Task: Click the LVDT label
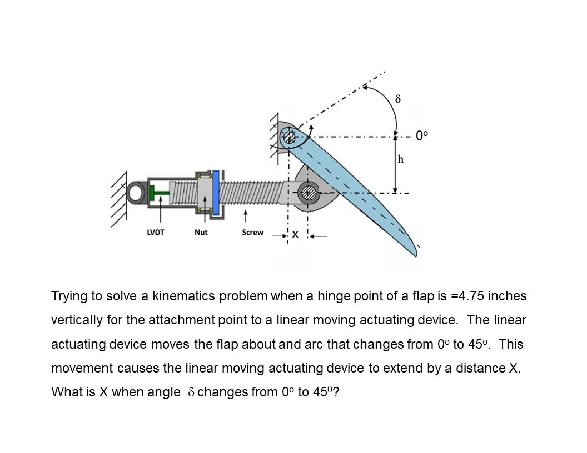tap(156, 233)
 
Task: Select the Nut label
tap(201, 233)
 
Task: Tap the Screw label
tap(252, 233)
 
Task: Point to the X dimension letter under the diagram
tap(295, 235)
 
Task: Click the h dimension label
tap(400, 160)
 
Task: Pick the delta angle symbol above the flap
tap(397, 99)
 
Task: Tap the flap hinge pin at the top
tap(289, 136)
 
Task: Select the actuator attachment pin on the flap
tap(309, 193)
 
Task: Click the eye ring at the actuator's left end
tap(135, 193)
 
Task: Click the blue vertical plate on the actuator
tap(215, 192)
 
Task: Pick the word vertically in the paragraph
tap(76, 320)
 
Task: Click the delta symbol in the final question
tap(191, 392)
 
